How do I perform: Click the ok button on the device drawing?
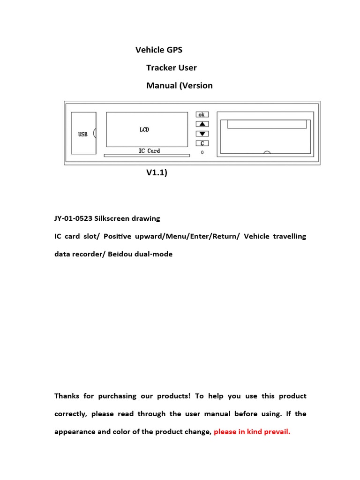pyautogui.click(x=202, y=114)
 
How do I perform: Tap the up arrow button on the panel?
pyautogui.click(x=202, y=124)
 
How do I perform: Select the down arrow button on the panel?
pyautogui.click(x=202, y=134)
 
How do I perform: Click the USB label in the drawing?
pyautogui.click(x=83, y=135)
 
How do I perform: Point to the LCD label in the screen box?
pyautogui.click(x=144, y=129)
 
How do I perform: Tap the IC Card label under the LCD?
pyautogui.click(x=149, y=151)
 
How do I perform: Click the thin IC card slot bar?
pyautogui.click(x=147, y=156)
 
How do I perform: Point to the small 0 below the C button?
pyautogui.click(x=202, y=152)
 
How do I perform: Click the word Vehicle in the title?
pyautogui.click(x=150, y=50)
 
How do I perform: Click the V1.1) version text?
pyautogui.click(x=157, y=172)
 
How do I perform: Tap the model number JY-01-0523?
pyautogui.click(x=74, y=218)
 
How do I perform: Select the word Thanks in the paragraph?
pyautogui.click(x=67, y=396)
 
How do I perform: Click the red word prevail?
pyautogui.click(x=277, y=432)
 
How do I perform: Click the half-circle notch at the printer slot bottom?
pyautogui.click(x=267, y=152)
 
